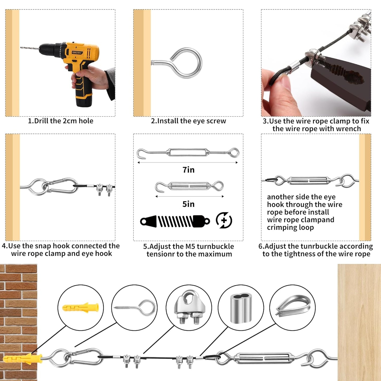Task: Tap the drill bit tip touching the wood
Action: tap(22, 48)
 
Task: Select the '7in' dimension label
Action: tap(188, 170)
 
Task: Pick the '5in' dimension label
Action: tap(188, 204)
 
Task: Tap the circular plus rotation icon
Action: tap(224, 220)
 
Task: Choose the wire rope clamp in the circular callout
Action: tap(189, 307)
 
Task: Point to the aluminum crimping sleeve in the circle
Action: tap(241, 308)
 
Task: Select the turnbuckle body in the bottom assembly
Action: tap(264, 358)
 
